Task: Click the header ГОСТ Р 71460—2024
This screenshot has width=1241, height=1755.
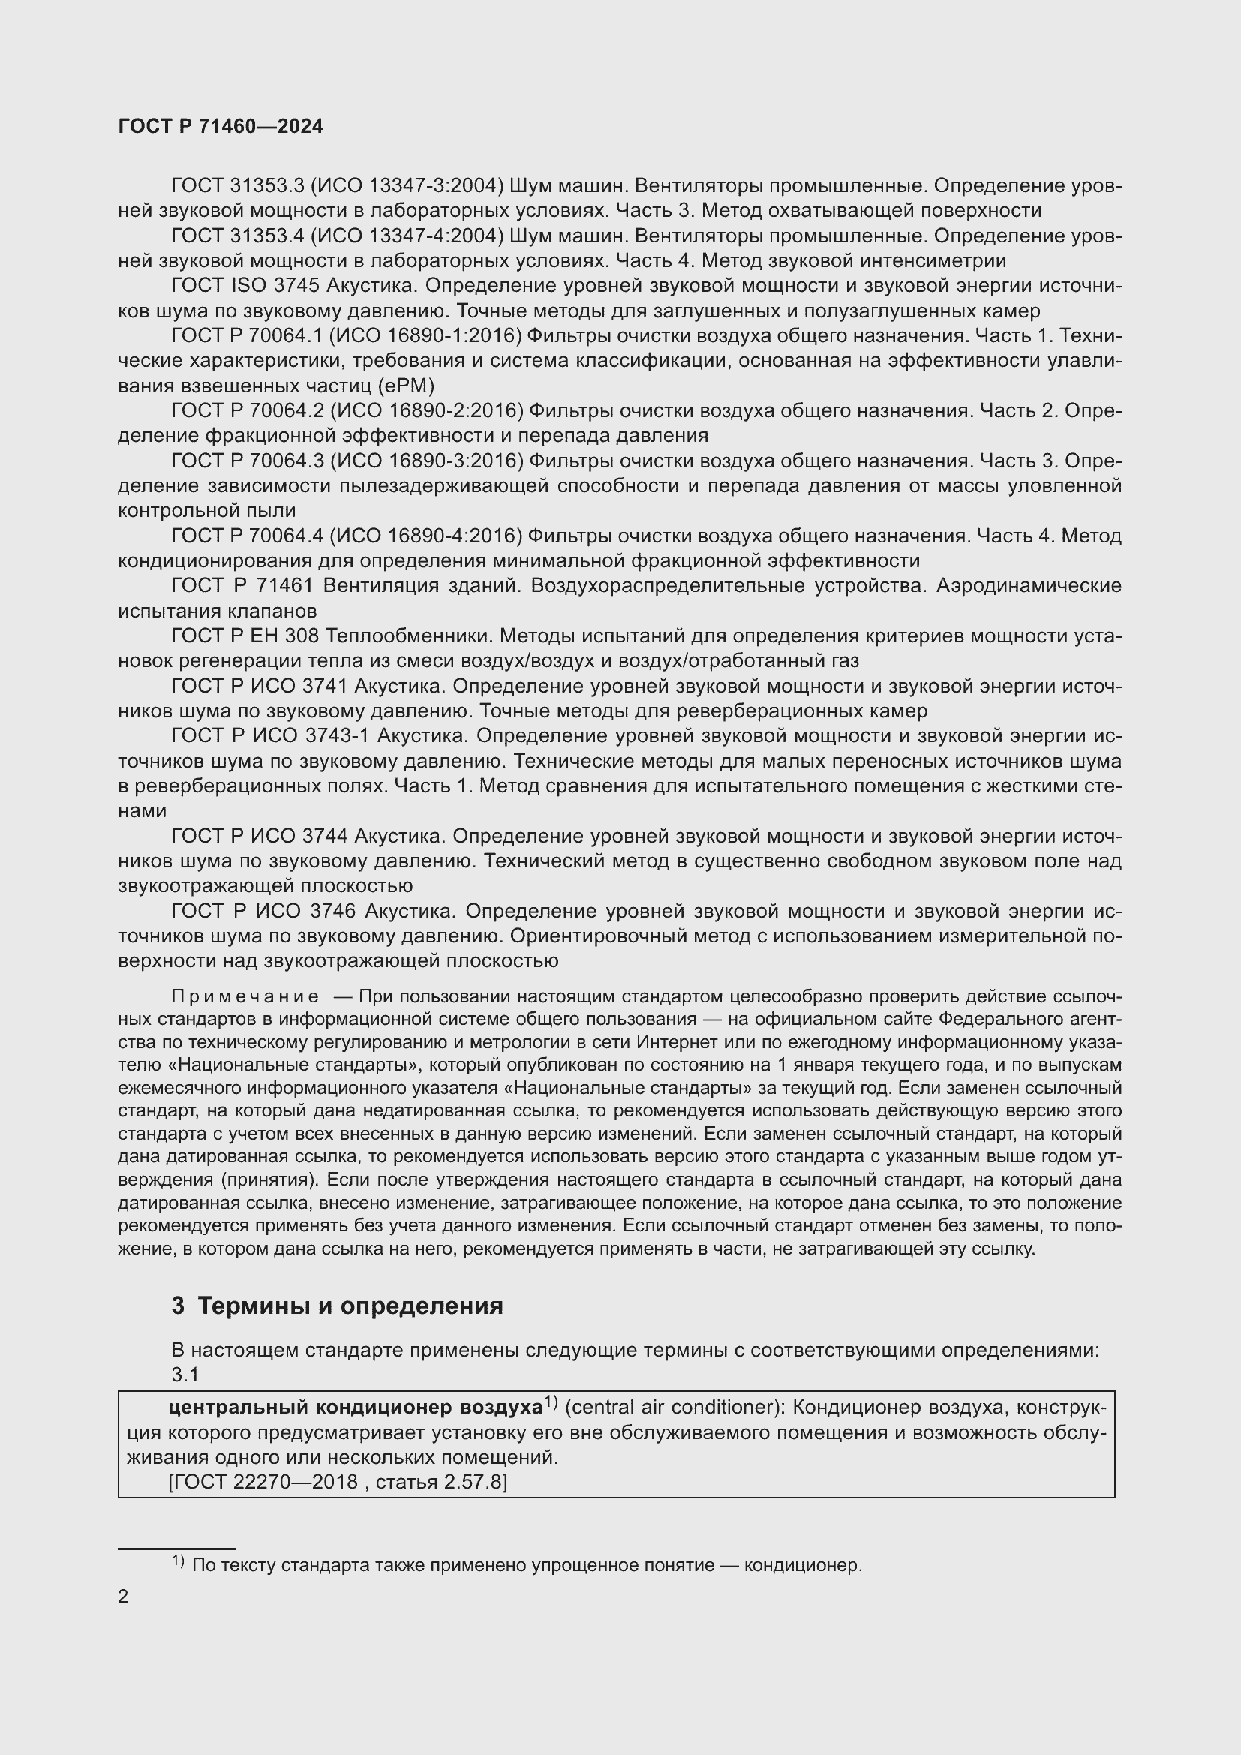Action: pyautogui.click(x=221, y=126)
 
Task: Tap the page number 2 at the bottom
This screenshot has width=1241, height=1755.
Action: pyautogui.click(x=123, y=1597)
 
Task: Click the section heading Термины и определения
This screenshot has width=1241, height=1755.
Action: pyautogui.click(x=350, y=1306)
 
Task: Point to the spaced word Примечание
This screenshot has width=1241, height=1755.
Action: pyautogui.click(x=245, y=996)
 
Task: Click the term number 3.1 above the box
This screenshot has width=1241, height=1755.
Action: pyautogui.click(x=185, y=1375)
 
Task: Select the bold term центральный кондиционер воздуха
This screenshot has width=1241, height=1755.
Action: pyautogui.click(x=355, y=1407)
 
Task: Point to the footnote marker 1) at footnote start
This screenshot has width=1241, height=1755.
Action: pyautogui.click(x=177, y=1561)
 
